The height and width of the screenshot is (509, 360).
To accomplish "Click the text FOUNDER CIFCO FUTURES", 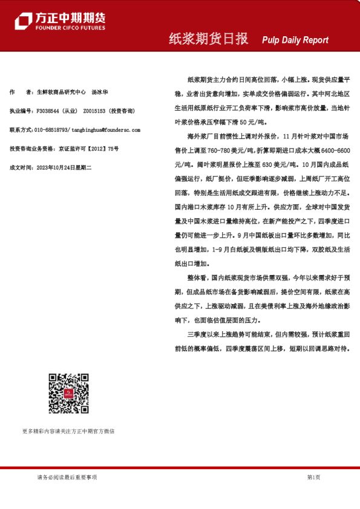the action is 70,28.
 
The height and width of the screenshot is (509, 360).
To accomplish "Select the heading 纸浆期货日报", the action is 208,39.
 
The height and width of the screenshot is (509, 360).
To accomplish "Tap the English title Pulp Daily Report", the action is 295,40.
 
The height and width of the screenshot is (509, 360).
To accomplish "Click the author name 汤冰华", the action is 100,92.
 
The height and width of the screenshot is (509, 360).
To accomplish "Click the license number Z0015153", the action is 95,111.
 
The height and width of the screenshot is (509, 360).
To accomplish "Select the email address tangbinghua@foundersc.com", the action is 106,130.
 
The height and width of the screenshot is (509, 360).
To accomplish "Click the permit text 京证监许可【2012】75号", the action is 88,149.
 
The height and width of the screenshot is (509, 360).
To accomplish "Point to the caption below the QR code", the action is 68,431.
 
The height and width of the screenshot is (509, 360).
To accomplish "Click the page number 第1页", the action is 313,477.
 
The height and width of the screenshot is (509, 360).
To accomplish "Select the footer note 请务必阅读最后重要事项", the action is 67,477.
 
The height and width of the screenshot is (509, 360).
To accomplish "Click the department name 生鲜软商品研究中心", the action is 61,92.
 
